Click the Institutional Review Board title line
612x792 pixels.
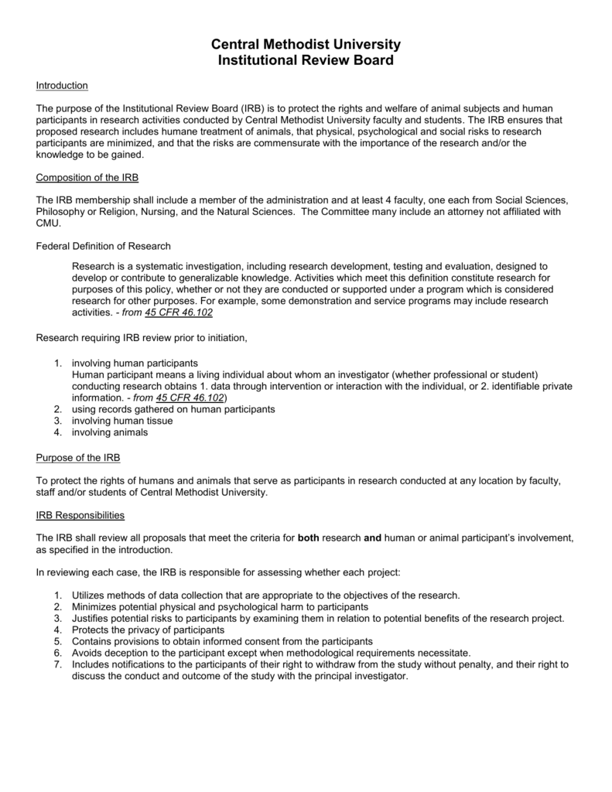click(x=306, y=60)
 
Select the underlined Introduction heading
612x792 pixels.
click(x=62, y=85)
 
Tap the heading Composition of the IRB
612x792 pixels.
click(x=87, y=178)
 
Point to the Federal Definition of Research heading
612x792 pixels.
click(x=104, y=247)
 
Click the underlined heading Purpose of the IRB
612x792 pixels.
click(x=78, y=458)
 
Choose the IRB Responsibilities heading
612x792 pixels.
click(x=81, y=515)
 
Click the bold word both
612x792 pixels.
click(x=308, y=538)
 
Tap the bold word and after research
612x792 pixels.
click(x=373, y=538)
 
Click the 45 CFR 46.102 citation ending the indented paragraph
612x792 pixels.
click(x=179, y=312)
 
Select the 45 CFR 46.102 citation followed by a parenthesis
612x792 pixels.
click(x=190, y=398)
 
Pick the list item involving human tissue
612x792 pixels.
click(x=122, y=421)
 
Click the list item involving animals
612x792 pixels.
click(x=110, y=432)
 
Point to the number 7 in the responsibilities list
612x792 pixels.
click(x=57, y=664)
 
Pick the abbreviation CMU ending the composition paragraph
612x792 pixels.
click(x=48, y=224)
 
